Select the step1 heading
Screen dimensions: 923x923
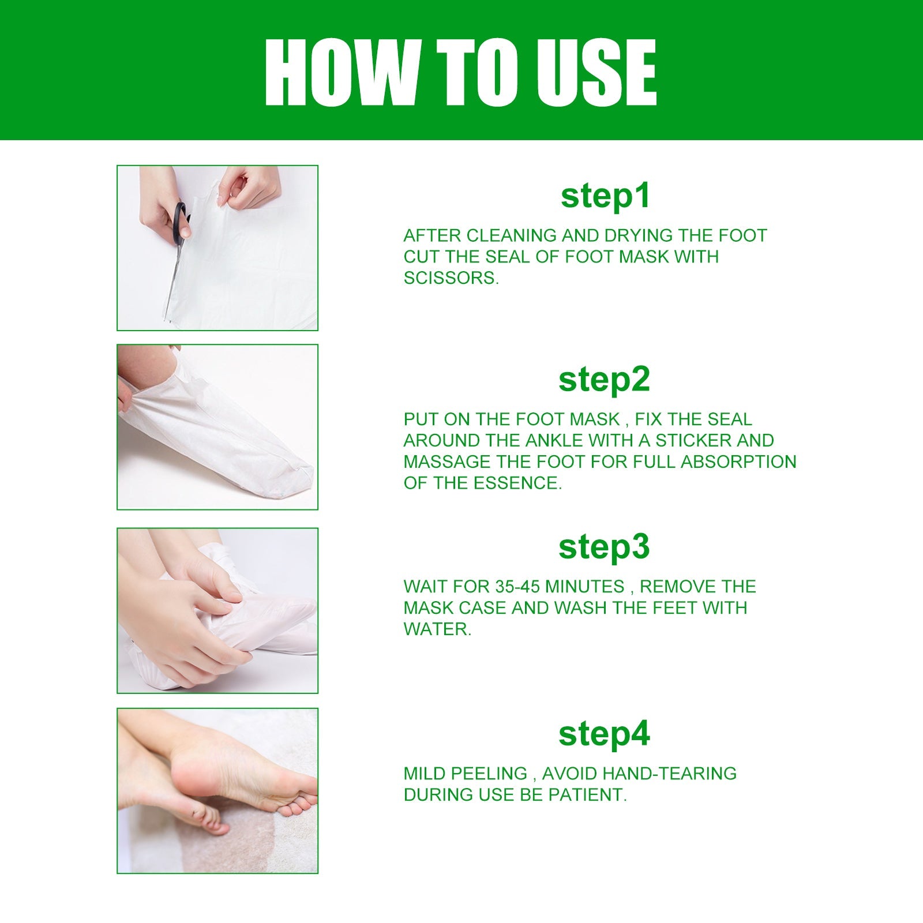coord(605,196)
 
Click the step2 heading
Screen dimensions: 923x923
coord(604,379)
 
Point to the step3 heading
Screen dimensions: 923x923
coord(604,546)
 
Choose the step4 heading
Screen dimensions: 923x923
coord(604,733)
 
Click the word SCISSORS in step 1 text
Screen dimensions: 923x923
coord(450,278)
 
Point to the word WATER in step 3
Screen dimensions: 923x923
coord(437,629)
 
